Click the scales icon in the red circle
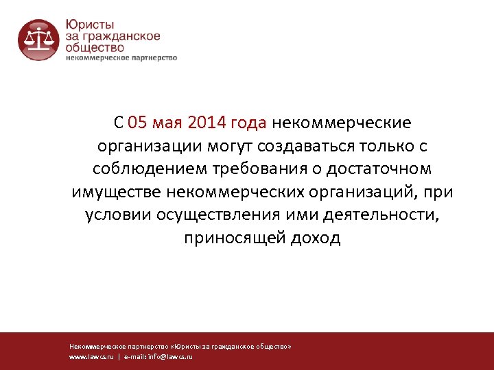coord(38,40)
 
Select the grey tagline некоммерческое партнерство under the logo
coord(121,58)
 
